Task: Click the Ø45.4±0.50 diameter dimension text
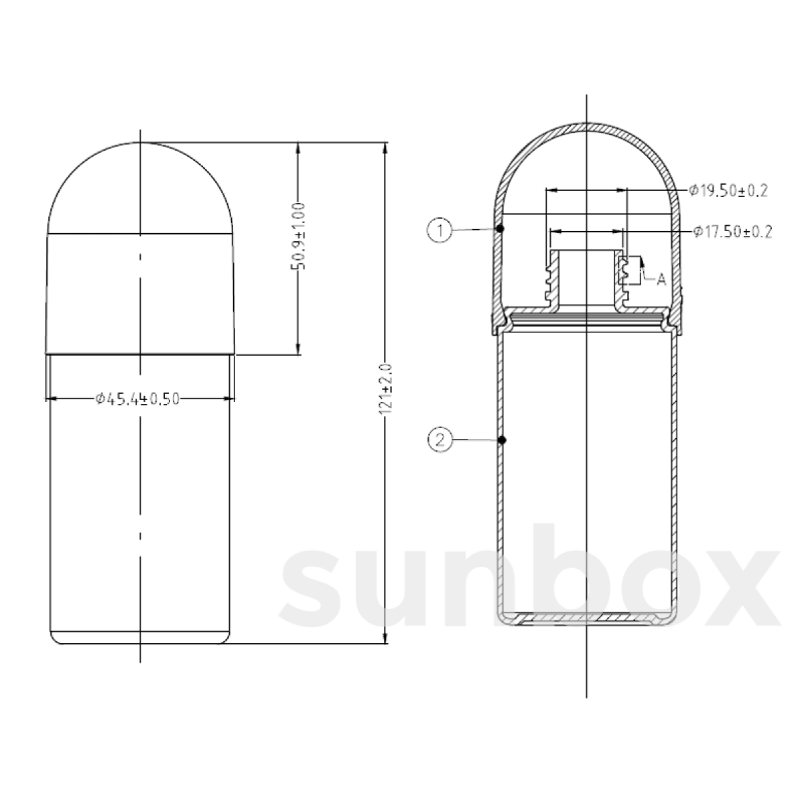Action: [x=138, y=399]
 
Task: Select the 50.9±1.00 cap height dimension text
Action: [x=298, y=236]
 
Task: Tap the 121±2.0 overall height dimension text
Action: [x=385, y=389]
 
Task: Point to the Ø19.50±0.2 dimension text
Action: [x=728, y=191]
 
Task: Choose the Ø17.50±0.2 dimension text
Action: [x=732, y=232]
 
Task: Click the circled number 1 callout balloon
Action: [x=440, y=230]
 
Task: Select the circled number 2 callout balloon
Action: [x=440, y=440]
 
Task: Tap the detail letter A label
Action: [x=661, y=279]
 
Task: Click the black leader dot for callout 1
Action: [x=500, y=228]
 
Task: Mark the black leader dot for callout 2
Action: [x=503, y=440]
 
